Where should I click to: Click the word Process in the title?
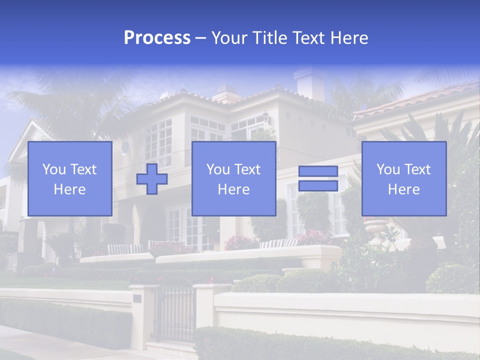pos(157,38)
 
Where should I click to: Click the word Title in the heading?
pos(269,38)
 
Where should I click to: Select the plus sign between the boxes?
pos(152,179)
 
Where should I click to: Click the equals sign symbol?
pos(318,178)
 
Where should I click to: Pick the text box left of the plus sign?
pos(70,179)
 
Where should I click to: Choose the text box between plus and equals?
pos(233,179)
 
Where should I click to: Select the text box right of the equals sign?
pos(404,179)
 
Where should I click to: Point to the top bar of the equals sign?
pos(318,171)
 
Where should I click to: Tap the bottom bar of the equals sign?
pos(318,185)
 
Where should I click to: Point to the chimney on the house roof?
pos(310,83)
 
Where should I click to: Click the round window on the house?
pos(125,147)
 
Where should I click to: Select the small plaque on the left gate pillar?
pos(137,298)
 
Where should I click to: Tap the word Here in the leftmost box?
pos(70,189)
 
